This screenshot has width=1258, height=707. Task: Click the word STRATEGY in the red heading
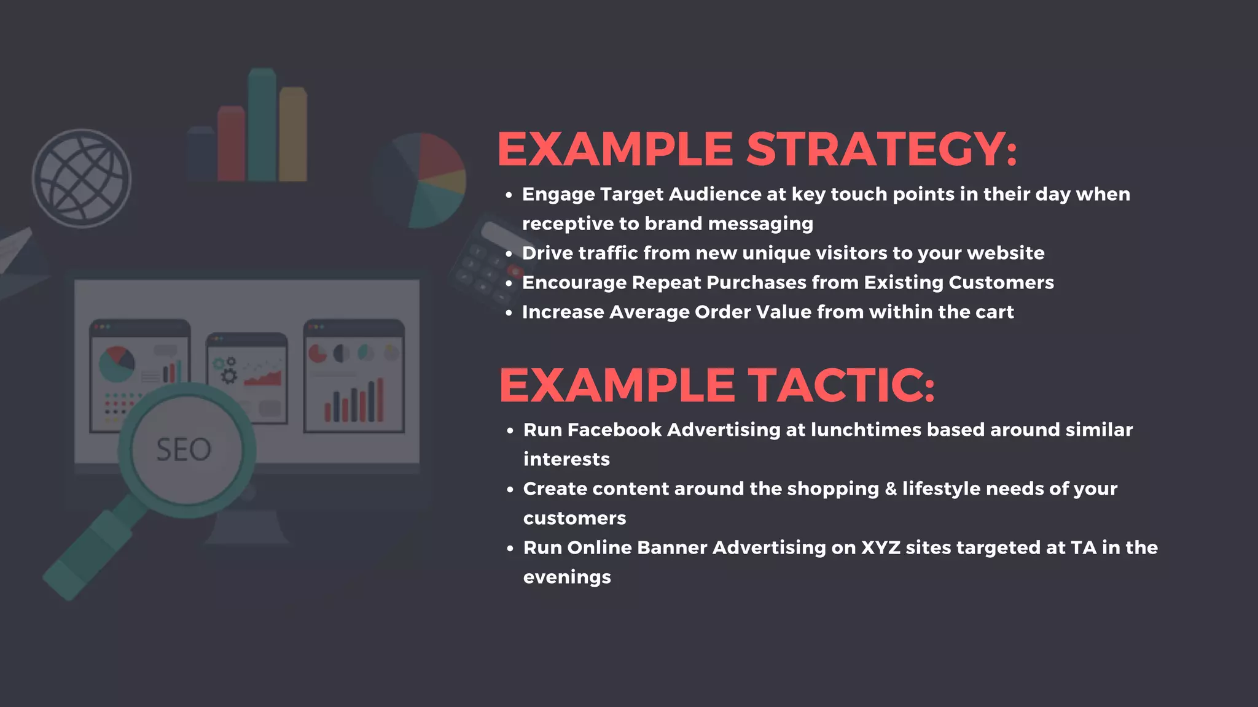coord(881,149)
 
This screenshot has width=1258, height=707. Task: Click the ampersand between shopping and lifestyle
coord(891,489)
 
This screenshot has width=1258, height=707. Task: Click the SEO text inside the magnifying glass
coord(184,450)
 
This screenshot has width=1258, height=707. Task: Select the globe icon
coord(82,179)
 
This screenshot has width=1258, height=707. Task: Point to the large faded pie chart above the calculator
coord(420,180)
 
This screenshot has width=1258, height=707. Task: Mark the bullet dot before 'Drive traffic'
coord(509,253)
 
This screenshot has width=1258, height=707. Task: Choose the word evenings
coord(567,578)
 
